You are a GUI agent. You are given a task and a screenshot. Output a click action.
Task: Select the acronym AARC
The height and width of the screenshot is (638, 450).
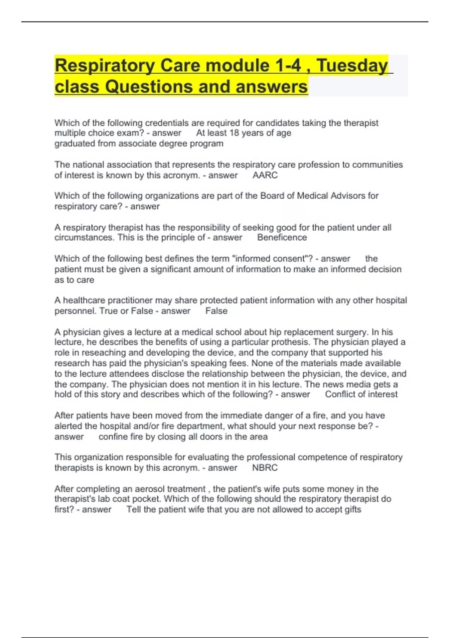coord(265,175)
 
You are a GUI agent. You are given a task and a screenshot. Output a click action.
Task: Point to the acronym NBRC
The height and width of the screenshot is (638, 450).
coord(265,468)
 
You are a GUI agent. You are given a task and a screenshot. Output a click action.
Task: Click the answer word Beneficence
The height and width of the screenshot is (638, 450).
coord(282,238)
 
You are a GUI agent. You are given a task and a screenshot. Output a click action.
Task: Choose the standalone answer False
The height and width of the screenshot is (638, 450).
coord(216,311)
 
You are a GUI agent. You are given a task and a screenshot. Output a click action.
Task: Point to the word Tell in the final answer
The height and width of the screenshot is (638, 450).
coord(133,510)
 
